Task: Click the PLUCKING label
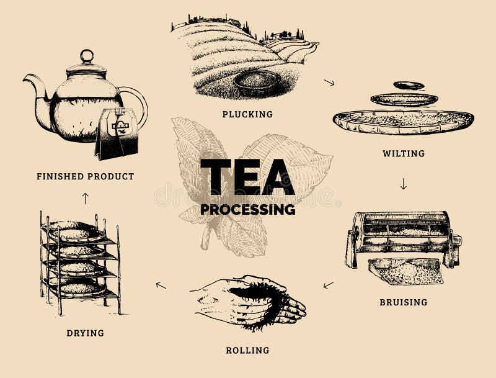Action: [x=247, y=114]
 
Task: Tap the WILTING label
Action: [x=403, y=153]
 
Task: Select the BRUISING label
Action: [x=403, y=302]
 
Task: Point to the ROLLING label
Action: [x=247, y=350]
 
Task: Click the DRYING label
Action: [x=85, y=333]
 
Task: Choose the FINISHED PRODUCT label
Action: [x=85, y=176]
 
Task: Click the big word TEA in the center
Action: [x=247, y=177]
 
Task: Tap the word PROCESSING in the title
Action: [x=247, y=209]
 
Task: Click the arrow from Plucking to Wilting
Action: [x=329, y=82]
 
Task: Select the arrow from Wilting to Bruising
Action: [x=403, y=184]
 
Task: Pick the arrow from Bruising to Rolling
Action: [x=328, y=285]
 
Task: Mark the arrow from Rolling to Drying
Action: [x=161, y=285]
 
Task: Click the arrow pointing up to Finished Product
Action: [x=85, y=198]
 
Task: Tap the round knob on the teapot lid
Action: [x=87, y=56]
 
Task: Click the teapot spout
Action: [x=34, y=87]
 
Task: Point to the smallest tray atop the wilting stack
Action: [x=409, y=85]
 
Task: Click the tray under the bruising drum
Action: [x=406, y=271]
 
